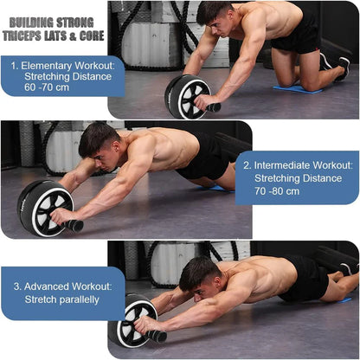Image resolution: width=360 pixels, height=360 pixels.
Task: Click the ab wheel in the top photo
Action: pos(187,95)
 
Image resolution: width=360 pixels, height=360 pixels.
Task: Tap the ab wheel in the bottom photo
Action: pos(132,321)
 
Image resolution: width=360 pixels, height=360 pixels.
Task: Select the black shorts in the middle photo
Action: pos(204,158)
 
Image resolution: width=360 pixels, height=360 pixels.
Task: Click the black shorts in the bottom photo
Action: pos(305,277)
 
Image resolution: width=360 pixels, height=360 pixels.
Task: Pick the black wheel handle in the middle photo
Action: pos(73,225)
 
